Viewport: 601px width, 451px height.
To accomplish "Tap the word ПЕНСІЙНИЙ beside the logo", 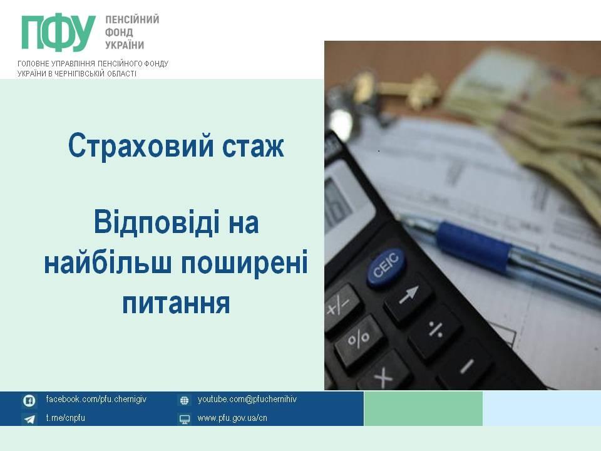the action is click(x=132, y=19).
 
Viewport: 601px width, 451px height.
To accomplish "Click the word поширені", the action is click(x=245, y=264).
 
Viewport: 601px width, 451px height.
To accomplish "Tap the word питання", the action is click(x=176, y=304).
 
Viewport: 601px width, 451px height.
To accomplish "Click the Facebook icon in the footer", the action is click(x=29, y=400).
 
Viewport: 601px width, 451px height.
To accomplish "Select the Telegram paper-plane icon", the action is click(x=29, y=419).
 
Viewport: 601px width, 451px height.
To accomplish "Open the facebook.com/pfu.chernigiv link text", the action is click(x=96, y=399).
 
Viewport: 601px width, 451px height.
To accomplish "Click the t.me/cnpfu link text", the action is click(x=66, y=418).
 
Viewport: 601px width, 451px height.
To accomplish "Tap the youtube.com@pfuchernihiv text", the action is click(x=247, y=399).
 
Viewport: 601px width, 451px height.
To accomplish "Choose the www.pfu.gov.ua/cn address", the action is click(x=232, y=418).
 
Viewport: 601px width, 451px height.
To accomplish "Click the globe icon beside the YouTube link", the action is click(x=184, y=400).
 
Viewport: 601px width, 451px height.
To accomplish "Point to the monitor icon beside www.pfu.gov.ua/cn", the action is click(x=184, y=419).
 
